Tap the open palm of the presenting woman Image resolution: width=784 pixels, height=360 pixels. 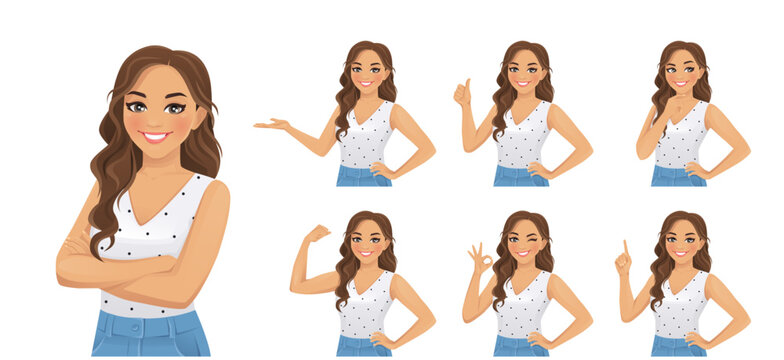272,125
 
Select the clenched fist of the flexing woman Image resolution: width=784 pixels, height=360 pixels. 318,233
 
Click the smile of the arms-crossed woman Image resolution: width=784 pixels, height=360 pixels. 155,137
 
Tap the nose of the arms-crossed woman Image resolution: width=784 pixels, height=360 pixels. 155,118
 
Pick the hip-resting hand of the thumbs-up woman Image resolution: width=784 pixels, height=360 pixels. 539,170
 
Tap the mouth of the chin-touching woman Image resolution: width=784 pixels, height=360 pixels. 681,84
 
